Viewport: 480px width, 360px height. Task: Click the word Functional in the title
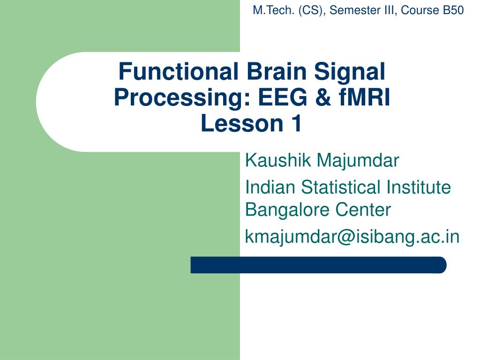(178, 71)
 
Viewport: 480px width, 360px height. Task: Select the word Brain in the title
(277, 71)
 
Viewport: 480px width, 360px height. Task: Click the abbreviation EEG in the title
(282, 97)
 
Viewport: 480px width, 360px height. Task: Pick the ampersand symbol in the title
(322, 97)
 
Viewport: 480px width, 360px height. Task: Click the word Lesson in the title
(242, 123)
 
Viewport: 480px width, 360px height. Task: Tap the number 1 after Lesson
(297, 123)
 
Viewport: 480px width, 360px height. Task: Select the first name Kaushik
(278, 160)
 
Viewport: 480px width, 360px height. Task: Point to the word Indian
(270, 187)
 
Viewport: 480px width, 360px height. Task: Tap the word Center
(363, 210)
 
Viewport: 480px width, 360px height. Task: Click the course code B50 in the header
(453, 10)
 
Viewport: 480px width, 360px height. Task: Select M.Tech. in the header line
(274, 10)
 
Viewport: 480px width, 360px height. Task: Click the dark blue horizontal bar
(318, 265)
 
